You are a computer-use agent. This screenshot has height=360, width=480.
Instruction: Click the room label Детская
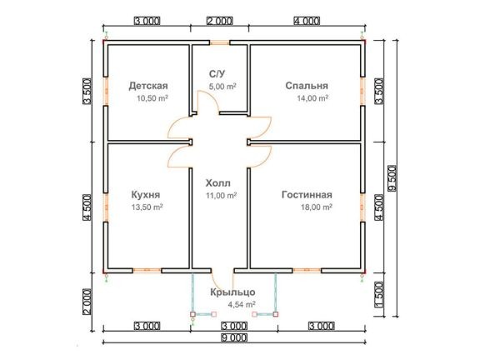coord(148,86)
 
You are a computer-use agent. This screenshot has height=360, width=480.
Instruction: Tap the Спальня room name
coord(307,86)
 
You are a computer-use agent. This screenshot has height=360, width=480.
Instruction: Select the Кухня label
coord(146,195)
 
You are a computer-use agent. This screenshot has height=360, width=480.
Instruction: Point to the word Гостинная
coord(307,195)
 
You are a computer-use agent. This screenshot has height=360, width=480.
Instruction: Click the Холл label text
coord(218,183)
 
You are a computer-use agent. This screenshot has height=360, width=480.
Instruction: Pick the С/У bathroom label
coord(217,74)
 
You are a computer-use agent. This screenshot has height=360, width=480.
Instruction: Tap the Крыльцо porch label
coord(232,292)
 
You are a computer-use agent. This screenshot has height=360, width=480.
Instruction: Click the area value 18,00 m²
coord(317,207)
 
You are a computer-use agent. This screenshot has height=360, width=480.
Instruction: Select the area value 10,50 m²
coord(152,98)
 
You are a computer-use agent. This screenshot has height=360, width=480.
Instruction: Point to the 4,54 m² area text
coord(242,305)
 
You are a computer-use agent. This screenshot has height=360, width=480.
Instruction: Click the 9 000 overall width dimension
coord(233,338)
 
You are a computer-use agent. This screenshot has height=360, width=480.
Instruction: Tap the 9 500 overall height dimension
coord(392,178)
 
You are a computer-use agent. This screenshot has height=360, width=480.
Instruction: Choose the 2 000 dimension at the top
coord(220,21)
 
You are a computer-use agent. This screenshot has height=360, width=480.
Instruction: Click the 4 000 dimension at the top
coord(307,21)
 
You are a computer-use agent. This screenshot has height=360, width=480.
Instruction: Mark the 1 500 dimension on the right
coord(379,294)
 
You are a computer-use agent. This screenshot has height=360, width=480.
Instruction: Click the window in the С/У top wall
coord(220,42)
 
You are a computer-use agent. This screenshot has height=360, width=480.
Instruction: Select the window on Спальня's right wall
coord(362,91)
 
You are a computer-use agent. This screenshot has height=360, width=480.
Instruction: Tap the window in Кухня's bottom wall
coord(147,270)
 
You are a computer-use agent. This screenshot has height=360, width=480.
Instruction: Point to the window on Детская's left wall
coord(106,91)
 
